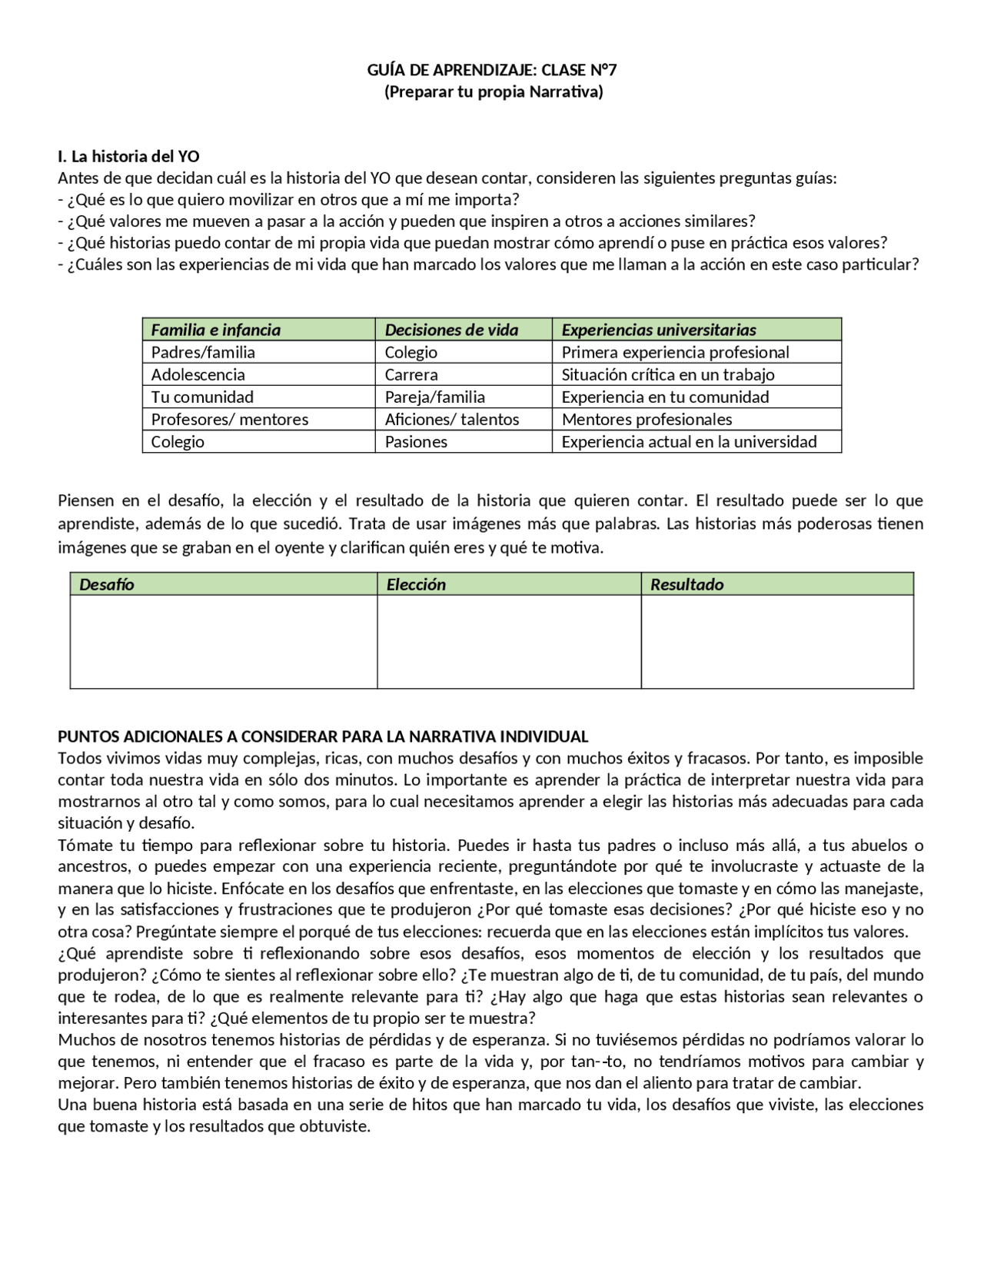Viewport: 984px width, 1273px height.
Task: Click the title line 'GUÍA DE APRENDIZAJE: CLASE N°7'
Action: click(492, 70)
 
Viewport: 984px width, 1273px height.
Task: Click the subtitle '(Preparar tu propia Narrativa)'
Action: click(493, 91)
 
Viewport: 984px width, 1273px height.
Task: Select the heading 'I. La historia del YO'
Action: click(128, 156)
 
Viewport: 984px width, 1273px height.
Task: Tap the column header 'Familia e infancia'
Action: click(215, 330)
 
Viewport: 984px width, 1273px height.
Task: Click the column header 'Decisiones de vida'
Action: click(451, 330)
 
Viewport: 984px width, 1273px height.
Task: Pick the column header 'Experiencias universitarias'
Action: click(658, 330)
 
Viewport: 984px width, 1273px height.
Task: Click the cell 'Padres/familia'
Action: click(203, 352)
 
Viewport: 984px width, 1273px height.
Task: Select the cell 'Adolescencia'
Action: click(198, 374)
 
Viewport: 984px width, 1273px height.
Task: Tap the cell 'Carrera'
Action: click(411, 374)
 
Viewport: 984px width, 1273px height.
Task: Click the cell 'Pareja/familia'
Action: click(434, 397)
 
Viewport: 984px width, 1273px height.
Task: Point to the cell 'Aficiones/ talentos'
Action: click(452, 419)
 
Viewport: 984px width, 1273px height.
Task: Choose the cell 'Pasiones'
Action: click(416, 441)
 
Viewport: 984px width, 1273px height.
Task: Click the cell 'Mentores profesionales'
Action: click(647, 419)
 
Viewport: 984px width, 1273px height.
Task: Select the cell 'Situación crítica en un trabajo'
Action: click(667, 374)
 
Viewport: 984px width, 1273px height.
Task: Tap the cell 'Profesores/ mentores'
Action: click(229, 419)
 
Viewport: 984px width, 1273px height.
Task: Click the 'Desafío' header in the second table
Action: click(107, 584)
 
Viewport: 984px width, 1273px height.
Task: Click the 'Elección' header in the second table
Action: click(416, 584)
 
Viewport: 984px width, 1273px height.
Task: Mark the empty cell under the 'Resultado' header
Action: click(776, 641)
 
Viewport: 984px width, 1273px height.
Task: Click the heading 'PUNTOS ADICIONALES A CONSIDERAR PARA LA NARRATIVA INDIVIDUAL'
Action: click(323, 736)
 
